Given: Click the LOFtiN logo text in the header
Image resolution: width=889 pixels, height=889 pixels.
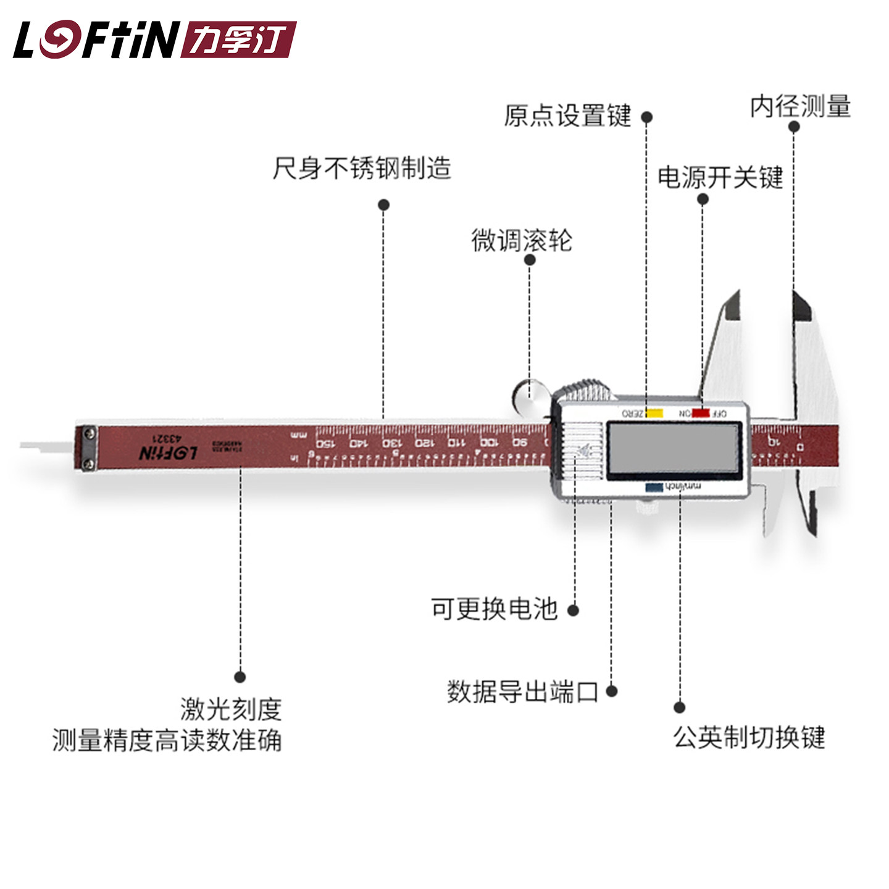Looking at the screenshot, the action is point(96,40).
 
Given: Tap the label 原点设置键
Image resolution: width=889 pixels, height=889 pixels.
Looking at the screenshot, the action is point(567,116).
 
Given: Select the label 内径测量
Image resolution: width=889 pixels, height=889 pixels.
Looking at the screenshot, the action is point(801,107).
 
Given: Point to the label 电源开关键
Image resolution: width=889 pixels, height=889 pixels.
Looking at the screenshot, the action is point(720,178).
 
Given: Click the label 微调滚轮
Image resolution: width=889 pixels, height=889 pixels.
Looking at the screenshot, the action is point(522,240).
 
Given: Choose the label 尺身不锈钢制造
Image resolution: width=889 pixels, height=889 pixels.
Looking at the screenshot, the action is point(362,168).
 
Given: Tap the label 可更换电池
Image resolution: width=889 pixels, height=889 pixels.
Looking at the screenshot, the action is point(494,609).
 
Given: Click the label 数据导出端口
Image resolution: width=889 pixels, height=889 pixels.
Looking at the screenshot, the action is point(522,691).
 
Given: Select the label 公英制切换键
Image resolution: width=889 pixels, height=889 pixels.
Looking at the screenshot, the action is point(749,737).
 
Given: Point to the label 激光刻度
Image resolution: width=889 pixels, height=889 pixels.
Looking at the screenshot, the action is point(231,709).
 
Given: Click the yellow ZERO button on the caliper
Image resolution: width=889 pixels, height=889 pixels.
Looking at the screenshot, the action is point(654,413).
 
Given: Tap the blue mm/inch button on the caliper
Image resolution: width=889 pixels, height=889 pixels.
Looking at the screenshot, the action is point(654,487).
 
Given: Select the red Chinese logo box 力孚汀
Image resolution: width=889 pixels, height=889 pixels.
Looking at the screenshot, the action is point(239,40).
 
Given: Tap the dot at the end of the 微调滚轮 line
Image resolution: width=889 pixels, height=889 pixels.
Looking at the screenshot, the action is point(529,260).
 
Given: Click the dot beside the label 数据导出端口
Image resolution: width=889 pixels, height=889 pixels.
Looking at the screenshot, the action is point(611,691).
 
